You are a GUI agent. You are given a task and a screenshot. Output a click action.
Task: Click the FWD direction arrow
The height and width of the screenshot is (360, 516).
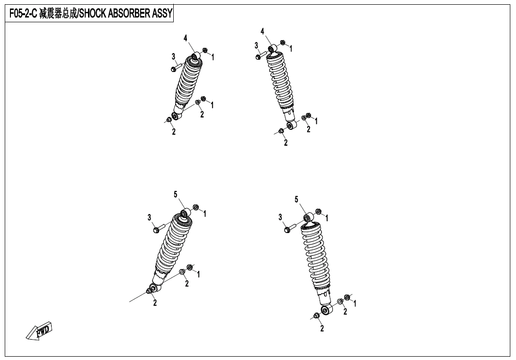click(x=39, y=331)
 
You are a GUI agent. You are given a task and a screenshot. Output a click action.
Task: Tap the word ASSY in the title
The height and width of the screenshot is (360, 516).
click(x=162, y=14)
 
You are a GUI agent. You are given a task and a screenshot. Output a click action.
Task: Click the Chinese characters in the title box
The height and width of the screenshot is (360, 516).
click(x=58, y=14)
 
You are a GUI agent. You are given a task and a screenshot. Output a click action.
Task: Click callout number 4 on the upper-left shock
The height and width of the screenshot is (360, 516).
click(x=186, y=38)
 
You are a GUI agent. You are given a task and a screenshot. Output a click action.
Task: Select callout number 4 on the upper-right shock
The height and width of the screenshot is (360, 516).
click(x=262, y=32)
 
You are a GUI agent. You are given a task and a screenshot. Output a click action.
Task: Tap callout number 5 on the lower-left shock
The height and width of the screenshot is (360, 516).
click(x=176, y=195)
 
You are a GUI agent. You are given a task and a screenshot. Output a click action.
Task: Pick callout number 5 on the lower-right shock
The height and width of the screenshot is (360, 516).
click(x=296, y=199)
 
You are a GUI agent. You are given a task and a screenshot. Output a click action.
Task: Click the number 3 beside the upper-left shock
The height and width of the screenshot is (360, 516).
click(x=173, y=57)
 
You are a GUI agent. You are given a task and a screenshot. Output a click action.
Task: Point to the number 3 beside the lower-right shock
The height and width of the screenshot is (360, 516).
click(x=280, y=217)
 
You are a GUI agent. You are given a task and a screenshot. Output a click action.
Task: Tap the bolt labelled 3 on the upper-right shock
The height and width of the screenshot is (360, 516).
click(x=261, y=55)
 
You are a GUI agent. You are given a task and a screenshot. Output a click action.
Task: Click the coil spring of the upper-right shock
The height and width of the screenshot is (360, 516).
click(x=280, y=81)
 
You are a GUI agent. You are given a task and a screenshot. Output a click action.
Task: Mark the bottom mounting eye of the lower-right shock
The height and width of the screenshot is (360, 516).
click(x=326, y=310)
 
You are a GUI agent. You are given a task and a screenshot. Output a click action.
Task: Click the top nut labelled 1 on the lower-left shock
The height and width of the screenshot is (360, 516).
click(x=196, y=207)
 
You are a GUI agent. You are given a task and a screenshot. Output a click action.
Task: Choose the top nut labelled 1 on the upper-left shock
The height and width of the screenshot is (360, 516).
click(x=205, y=50)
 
